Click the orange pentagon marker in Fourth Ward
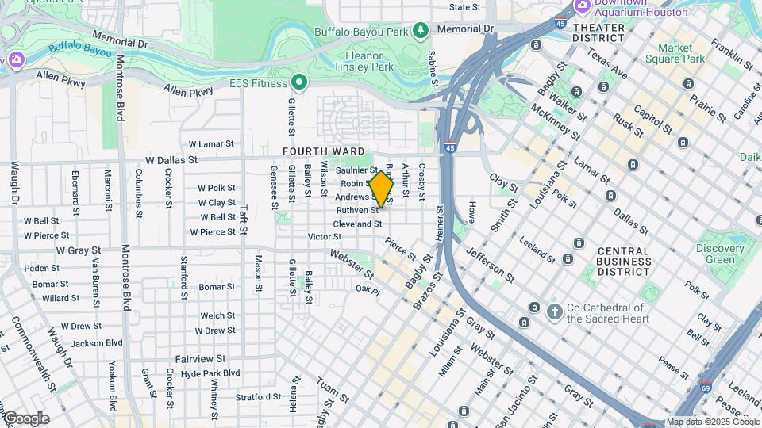pos(382,189)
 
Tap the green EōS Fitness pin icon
pos(299,82)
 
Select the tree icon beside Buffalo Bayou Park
pos(421,31)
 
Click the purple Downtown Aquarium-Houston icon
pos(583,6)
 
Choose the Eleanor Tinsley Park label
pos(370,62)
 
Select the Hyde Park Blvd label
pos(210,373)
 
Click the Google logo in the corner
pos(26,418)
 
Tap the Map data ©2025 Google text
pos(712,422)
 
